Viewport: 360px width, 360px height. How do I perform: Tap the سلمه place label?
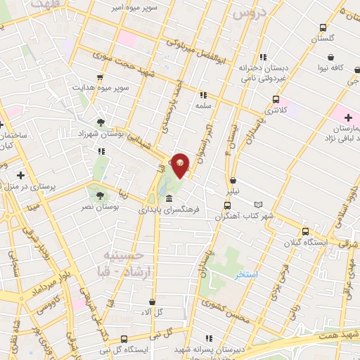(204, 105)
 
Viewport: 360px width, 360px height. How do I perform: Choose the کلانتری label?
(271, 110)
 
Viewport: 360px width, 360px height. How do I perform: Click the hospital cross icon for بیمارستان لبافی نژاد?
(348, 116)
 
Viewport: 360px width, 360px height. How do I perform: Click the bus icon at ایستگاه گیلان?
(304, 231)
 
